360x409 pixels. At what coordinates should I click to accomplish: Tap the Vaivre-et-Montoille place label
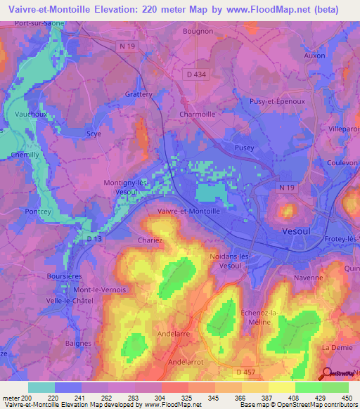pos(189,210)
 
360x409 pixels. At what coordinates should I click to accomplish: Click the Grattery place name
pos(139,93)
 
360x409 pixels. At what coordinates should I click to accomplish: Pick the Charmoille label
pos(198,113)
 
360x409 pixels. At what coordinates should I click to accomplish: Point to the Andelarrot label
pos(187,361)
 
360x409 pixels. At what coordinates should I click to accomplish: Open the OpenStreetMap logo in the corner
pos(339,373)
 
